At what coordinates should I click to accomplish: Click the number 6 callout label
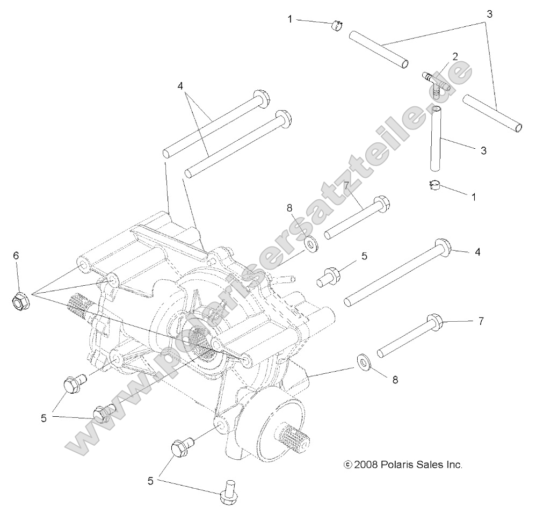[x=16, y=256]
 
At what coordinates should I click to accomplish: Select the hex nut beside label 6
[x=20, y=302]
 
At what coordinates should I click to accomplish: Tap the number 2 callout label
[x=454, y=56]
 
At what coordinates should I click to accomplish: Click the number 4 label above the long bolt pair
[x=180, y=85]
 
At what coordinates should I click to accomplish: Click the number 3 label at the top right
[x=489, y=15]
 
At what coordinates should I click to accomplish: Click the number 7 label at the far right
[x=481, y=321]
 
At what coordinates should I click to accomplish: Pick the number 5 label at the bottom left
[x=151, y=481]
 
